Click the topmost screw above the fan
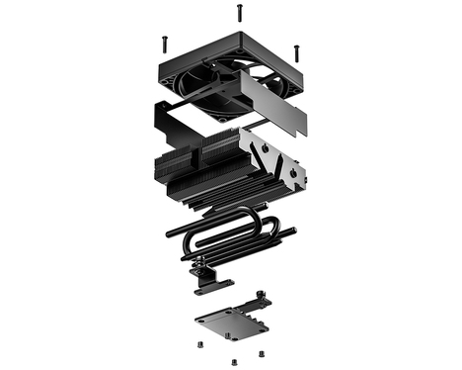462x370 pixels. tap(238, 12)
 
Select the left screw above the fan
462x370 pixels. tap(163, 43)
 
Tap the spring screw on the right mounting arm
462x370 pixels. tap(259, 296)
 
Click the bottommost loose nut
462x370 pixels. tap(232, 360)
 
